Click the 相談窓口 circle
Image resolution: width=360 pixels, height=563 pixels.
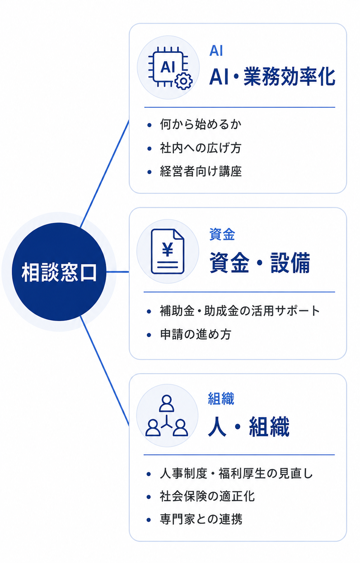(x=59, y=272)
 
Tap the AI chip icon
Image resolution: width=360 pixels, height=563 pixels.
(x=170, y=68)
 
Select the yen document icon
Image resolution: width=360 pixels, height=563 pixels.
(x=168, y=251)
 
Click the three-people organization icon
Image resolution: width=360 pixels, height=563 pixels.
(x=167, y=415)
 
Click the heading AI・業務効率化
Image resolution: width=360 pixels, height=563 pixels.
(x=272, y=76)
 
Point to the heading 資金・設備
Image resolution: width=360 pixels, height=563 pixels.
(x=260, y=263)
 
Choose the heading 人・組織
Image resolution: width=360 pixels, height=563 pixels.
(x=249, y=427)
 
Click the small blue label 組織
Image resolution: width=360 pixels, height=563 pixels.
(x=221, y=399)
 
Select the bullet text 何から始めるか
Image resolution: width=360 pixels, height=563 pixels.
(x=201, y=124)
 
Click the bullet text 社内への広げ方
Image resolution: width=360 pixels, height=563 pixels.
(x=201, y=148)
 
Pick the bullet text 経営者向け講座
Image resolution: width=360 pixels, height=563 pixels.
(x=201, y=171)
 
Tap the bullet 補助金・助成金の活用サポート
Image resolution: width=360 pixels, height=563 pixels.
(x=240, y=311)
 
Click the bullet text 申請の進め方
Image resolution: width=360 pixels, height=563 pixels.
(x=196, y=334)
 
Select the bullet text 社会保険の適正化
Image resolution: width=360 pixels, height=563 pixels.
(x=207, y=497)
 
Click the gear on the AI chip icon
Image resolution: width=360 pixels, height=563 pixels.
(x=184, y=81)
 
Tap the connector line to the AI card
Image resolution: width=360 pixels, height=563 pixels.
(x=104, y=174)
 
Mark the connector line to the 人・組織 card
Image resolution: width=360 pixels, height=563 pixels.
(x=104, y=371)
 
